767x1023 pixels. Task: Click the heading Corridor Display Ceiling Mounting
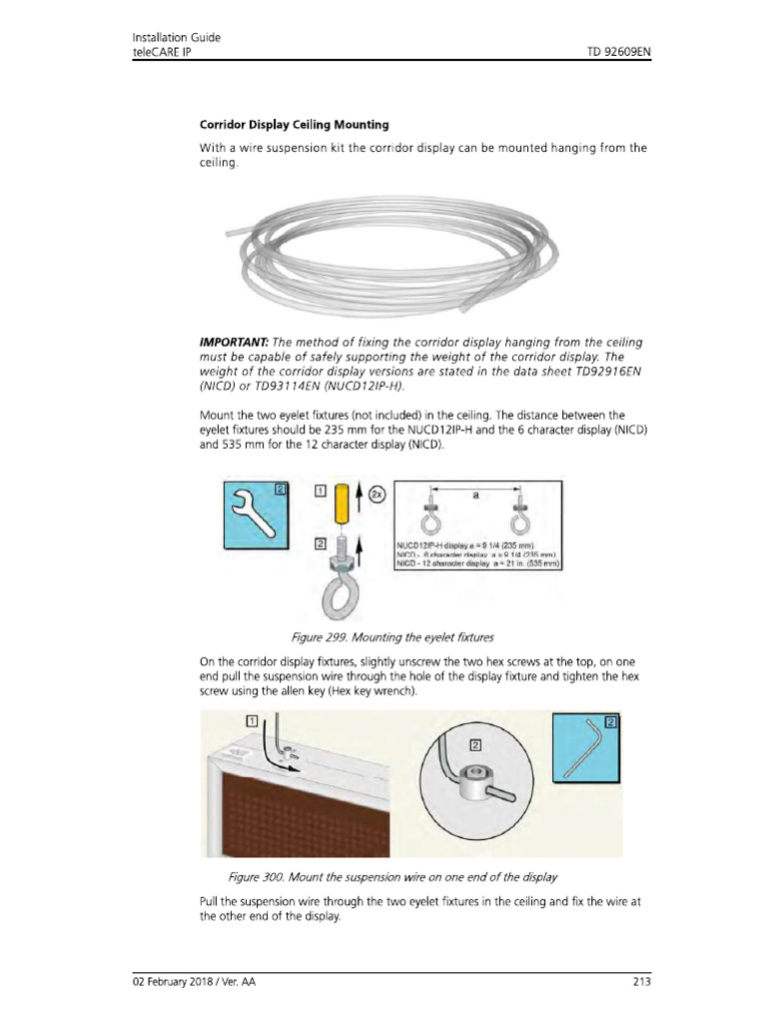coord(295,125)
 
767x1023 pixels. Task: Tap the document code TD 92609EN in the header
coord(610,52)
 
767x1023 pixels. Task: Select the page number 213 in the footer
coord(641,982)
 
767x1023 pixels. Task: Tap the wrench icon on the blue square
coord(255,518)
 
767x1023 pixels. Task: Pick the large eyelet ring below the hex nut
coord(340,598)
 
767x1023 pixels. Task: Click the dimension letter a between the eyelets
coord(476,496)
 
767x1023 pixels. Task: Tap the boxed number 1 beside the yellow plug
coord(320,491)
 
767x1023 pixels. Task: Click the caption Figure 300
coord(391,876)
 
